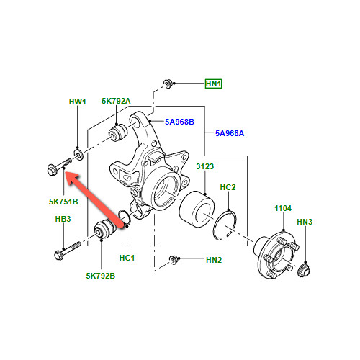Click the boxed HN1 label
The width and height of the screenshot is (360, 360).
pyautogui.click(x=213, y=84)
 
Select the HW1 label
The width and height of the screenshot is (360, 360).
pyautogui.click(x=77, y=102)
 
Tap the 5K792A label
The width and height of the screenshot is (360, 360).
pyautogui.click(x=116, y=101)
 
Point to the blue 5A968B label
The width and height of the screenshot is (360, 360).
pyautogui.click(x=179, y=122)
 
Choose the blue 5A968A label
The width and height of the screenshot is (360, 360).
pyautogui.click(x=230, y=133)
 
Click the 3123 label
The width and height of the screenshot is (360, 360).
pyautogui.click(x=205, y=166)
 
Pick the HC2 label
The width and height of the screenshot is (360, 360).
pyautogui.click(x=228, y=187)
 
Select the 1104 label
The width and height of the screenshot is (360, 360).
pyautogui.click(x=283, y=208)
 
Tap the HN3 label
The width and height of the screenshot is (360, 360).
pyautogui.click(x=305, y=222)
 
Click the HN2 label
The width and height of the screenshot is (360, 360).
pyautogui.click(x=214, y=260)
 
